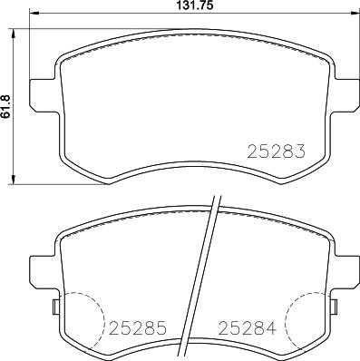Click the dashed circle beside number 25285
tap(79, 322)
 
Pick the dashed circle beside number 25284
tap(306, 322)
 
